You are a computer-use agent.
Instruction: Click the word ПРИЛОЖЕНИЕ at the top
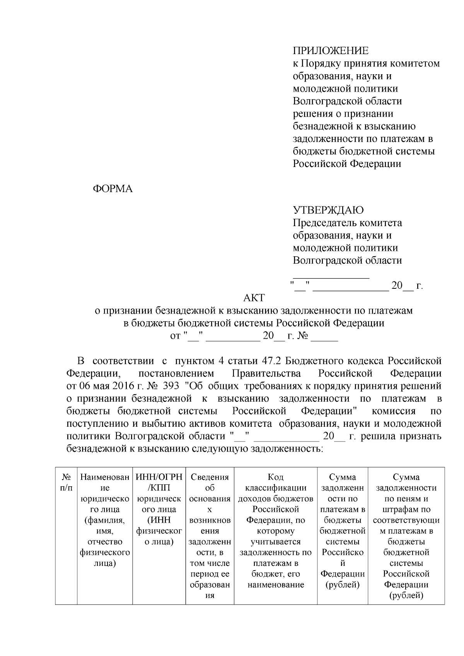click(331, 51)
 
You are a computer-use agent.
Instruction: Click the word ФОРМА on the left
click(113, 189)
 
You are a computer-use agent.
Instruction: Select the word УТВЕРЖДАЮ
click(328, 210)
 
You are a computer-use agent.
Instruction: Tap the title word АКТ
click(254, 298)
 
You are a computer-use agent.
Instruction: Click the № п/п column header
click(66, 482)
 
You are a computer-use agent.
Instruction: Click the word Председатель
click(325, 223)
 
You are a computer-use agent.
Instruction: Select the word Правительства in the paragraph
click(266, 374)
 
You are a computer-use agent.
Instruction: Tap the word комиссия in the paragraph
click(394, 411)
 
